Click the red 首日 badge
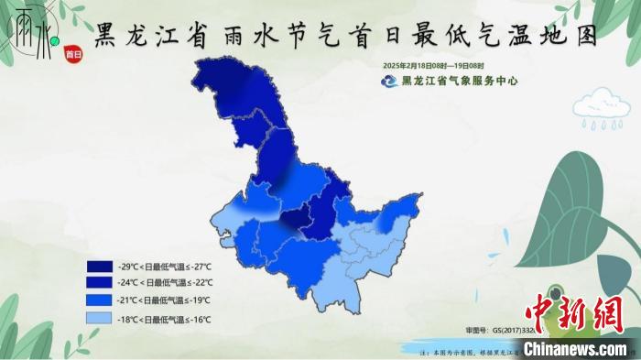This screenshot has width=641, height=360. [x=73, y=54]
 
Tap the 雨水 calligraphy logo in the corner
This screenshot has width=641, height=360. [x=28, y=34]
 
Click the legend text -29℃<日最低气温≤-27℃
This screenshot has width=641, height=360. [x=165, y=267]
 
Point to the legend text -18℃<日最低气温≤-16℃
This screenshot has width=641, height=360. [x=165, y=319]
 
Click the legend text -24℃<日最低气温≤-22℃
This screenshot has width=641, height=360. [x=165, y=283]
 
